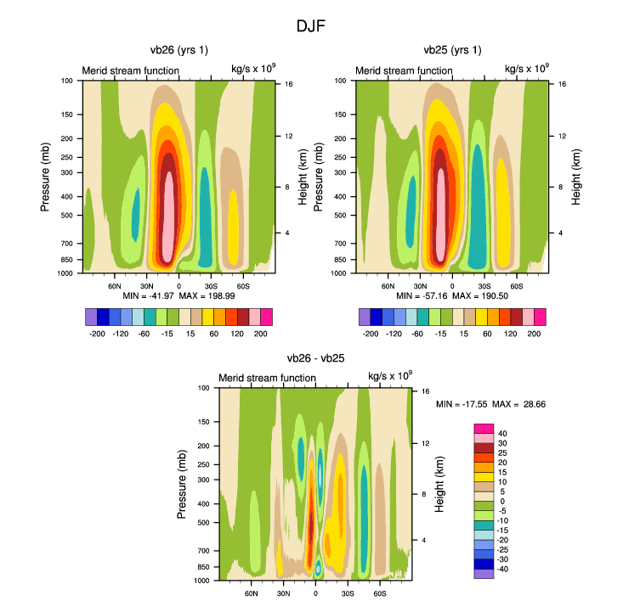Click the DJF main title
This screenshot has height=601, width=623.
[310, 26]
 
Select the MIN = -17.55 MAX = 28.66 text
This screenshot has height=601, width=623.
[490, 404]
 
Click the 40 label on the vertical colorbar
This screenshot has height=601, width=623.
[502, 433]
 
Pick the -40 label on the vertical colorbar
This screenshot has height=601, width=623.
[504, 569]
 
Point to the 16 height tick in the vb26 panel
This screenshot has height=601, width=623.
[289, 85]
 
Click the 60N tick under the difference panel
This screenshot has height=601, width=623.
[252, 593]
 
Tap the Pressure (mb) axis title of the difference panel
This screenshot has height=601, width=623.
[182, 485]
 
